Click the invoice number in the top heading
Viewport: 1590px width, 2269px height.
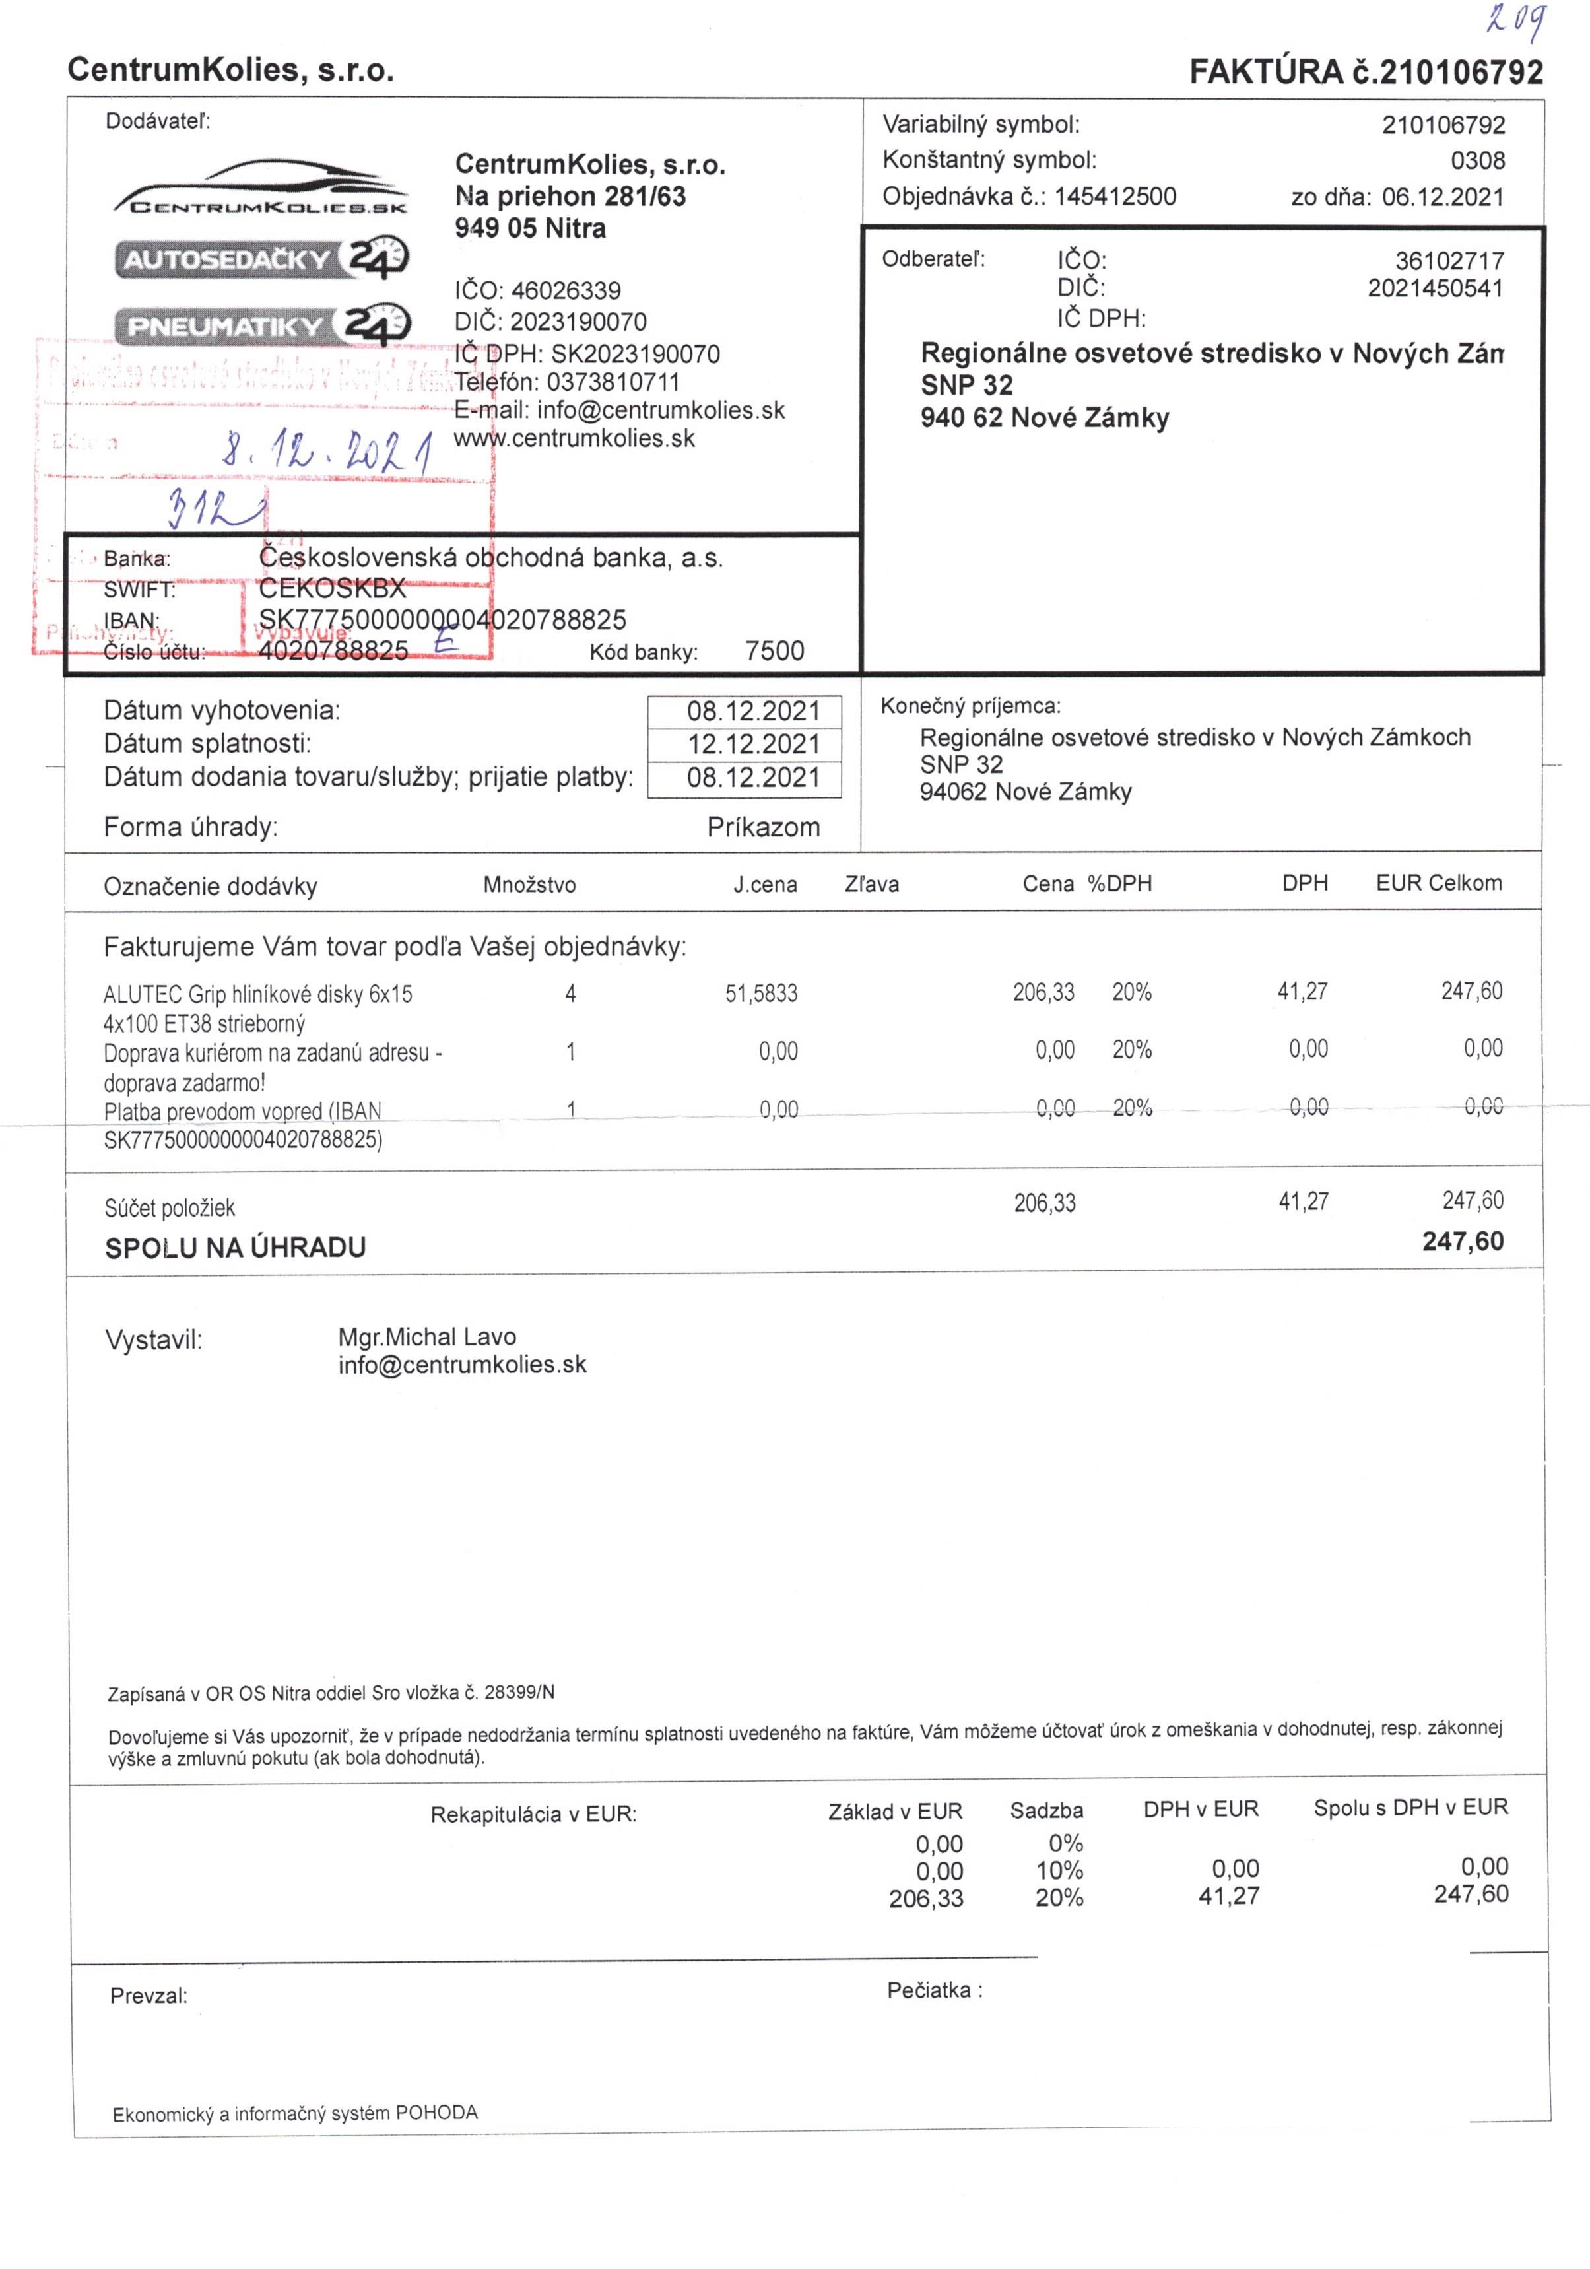tap(1461, 72)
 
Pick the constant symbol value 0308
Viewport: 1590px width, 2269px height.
tap(1477, 160)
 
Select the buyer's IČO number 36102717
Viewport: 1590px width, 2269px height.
tap(1449, 261)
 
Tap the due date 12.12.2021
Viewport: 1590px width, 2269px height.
tap(754, 744)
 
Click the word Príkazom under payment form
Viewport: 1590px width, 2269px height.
tap(763, 827)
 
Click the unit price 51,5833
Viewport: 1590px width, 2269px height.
tap(761, 993)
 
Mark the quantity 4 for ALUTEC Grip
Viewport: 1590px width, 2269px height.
tap(570, 993)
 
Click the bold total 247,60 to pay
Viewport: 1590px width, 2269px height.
tap(1463, 1241)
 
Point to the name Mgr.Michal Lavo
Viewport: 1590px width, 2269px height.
tap(427, 1337)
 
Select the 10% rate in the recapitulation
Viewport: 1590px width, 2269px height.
tap(1059, 1871)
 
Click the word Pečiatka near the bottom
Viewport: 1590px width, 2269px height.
tap(929, 1990)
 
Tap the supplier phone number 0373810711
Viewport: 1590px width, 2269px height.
tap(613, 382)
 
